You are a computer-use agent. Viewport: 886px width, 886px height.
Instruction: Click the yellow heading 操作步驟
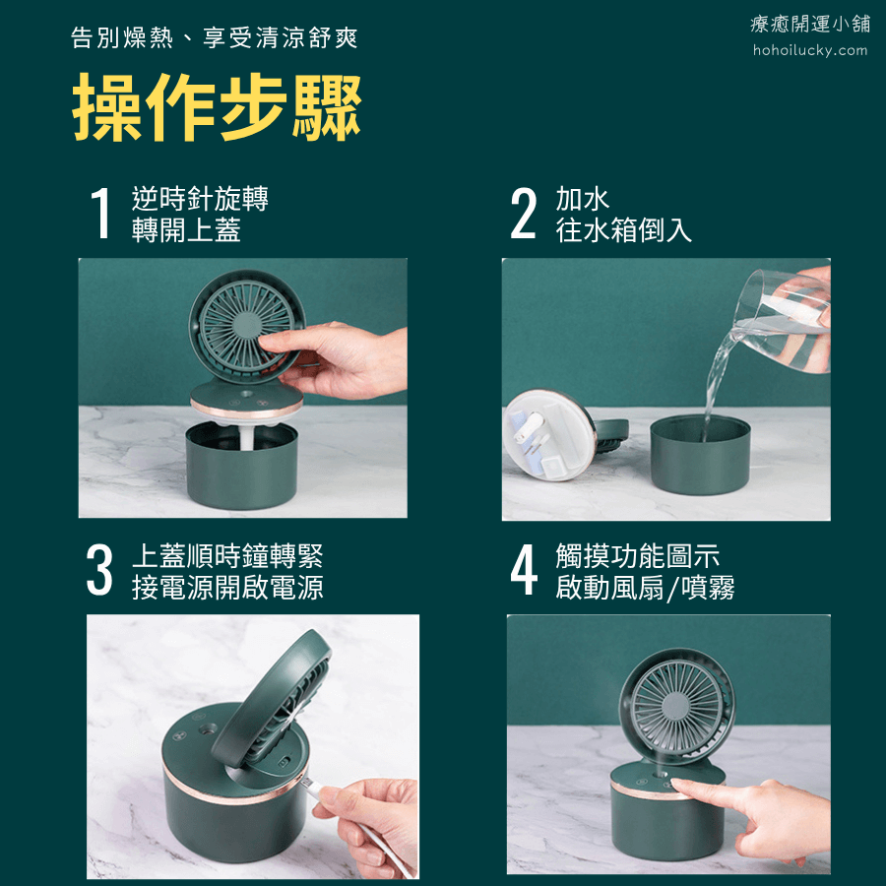(x=217, y=107)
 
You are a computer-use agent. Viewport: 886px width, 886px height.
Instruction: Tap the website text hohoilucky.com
(x=810, y=50)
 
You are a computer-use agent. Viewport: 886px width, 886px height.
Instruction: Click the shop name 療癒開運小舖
(x=810, y=24)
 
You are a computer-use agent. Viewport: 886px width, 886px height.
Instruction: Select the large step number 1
(x=100, y=213)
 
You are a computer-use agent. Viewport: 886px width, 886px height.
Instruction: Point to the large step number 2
(x=523, y=213)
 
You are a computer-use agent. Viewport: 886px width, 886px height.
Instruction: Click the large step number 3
(x=99, y=570)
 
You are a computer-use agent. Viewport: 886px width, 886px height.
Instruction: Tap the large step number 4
(x=524, y=570)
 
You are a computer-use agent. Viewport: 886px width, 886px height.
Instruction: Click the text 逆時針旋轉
(x=200, y=198)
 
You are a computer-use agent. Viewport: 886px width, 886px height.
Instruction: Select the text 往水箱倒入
(x=624, y=230)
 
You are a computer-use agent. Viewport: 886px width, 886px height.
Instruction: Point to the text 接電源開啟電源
(x=227, y=587)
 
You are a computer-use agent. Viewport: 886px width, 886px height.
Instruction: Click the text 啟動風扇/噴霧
(x=645, y=588)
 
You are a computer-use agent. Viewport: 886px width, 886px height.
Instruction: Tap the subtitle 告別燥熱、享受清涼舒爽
(x=215, y=37)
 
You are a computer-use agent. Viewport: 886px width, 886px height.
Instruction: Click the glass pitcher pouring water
(x=783, y=321)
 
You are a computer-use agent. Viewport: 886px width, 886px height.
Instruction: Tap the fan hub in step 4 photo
(x=675, y=704)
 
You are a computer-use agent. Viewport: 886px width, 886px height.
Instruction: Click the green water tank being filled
(x=700, y=454)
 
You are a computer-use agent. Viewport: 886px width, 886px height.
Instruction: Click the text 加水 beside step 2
(x=583, y=199)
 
